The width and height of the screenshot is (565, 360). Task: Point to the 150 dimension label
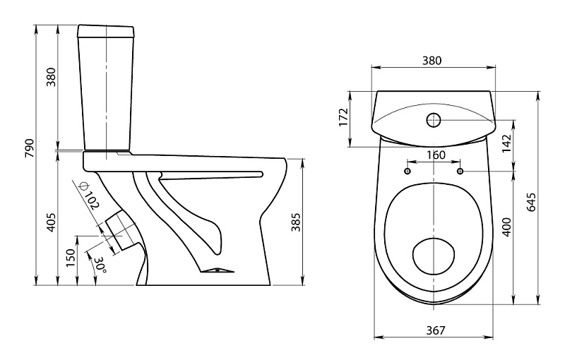tap(71, 259)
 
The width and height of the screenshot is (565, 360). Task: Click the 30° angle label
tap(100, 265)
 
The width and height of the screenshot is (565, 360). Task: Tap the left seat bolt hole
tap(408, 172)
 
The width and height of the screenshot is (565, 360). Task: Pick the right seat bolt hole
tap(460, 172)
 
